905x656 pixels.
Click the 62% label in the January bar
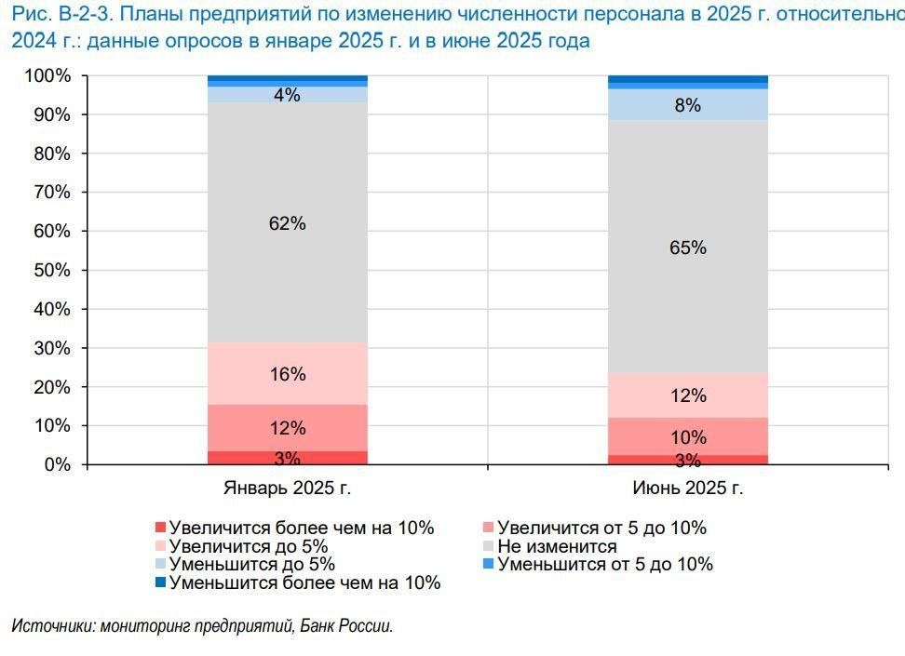click(287, 224)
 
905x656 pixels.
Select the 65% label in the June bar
click(688, 248)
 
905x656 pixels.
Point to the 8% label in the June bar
click(688, 106)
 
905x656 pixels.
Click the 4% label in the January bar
click(287, 95)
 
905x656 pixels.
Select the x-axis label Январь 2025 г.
click(287, 489)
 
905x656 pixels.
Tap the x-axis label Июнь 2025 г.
click(688, 489)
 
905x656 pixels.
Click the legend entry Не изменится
click(557, 546)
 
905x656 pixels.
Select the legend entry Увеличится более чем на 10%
click(302, 528)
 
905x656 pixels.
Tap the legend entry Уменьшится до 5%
click(251, 564)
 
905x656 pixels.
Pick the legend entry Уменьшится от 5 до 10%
click(605, 564)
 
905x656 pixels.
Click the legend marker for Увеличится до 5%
click(160, 546)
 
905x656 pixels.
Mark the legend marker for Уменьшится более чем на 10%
click(160, 582)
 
